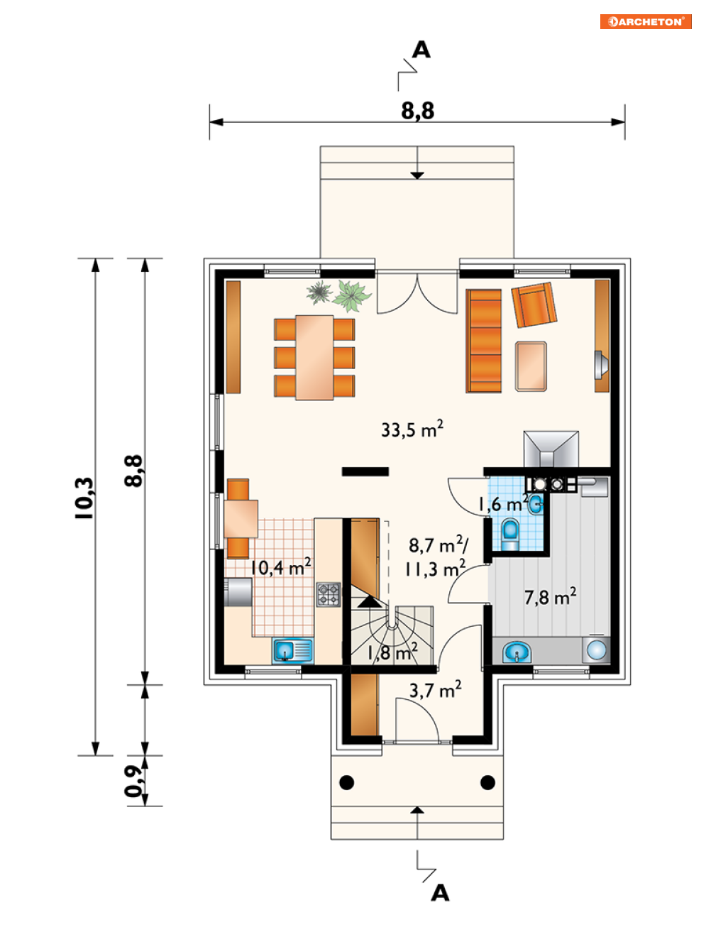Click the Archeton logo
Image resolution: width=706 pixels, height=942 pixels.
(x=646, y=21)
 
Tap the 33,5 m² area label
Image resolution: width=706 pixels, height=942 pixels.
(x=412, y=429)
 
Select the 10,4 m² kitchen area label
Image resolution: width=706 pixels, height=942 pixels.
(x=280, y=567)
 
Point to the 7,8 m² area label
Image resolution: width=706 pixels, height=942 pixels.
(x=551, y=596)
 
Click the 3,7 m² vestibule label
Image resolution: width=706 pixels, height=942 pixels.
(x=436, y=690)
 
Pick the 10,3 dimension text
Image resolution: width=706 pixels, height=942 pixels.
(x=84, y=498)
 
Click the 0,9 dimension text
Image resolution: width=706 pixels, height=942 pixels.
(x=133, y=781)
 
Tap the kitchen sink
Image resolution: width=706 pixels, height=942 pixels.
(x=292, y=651)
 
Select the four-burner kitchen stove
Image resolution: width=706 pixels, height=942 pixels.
(x=329, y=594)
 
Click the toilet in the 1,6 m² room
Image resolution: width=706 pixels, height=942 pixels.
(x=510, y=535)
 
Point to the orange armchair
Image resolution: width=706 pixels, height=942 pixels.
(x=534, y=305)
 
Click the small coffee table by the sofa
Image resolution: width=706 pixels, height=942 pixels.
(x=531, y=366)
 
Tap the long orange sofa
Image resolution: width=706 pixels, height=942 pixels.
(x=484, y=341)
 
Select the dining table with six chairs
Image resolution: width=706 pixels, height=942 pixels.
(x=314, y=358)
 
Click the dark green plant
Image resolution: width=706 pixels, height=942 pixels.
(x=319, y=292)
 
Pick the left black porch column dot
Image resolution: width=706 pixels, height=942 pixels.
(x=346, y=782)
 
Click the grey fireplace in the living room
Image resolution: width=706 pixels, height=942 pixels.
(x=551, y=449)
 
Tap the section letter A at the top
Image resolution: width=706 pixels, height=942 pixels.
(x=421, y=50)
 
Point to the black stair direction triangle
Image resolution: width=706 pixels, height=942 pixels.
(x=370, y=601)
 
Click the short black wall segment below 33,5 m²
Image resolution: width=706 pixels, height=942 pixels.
(x=365, y=471)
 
